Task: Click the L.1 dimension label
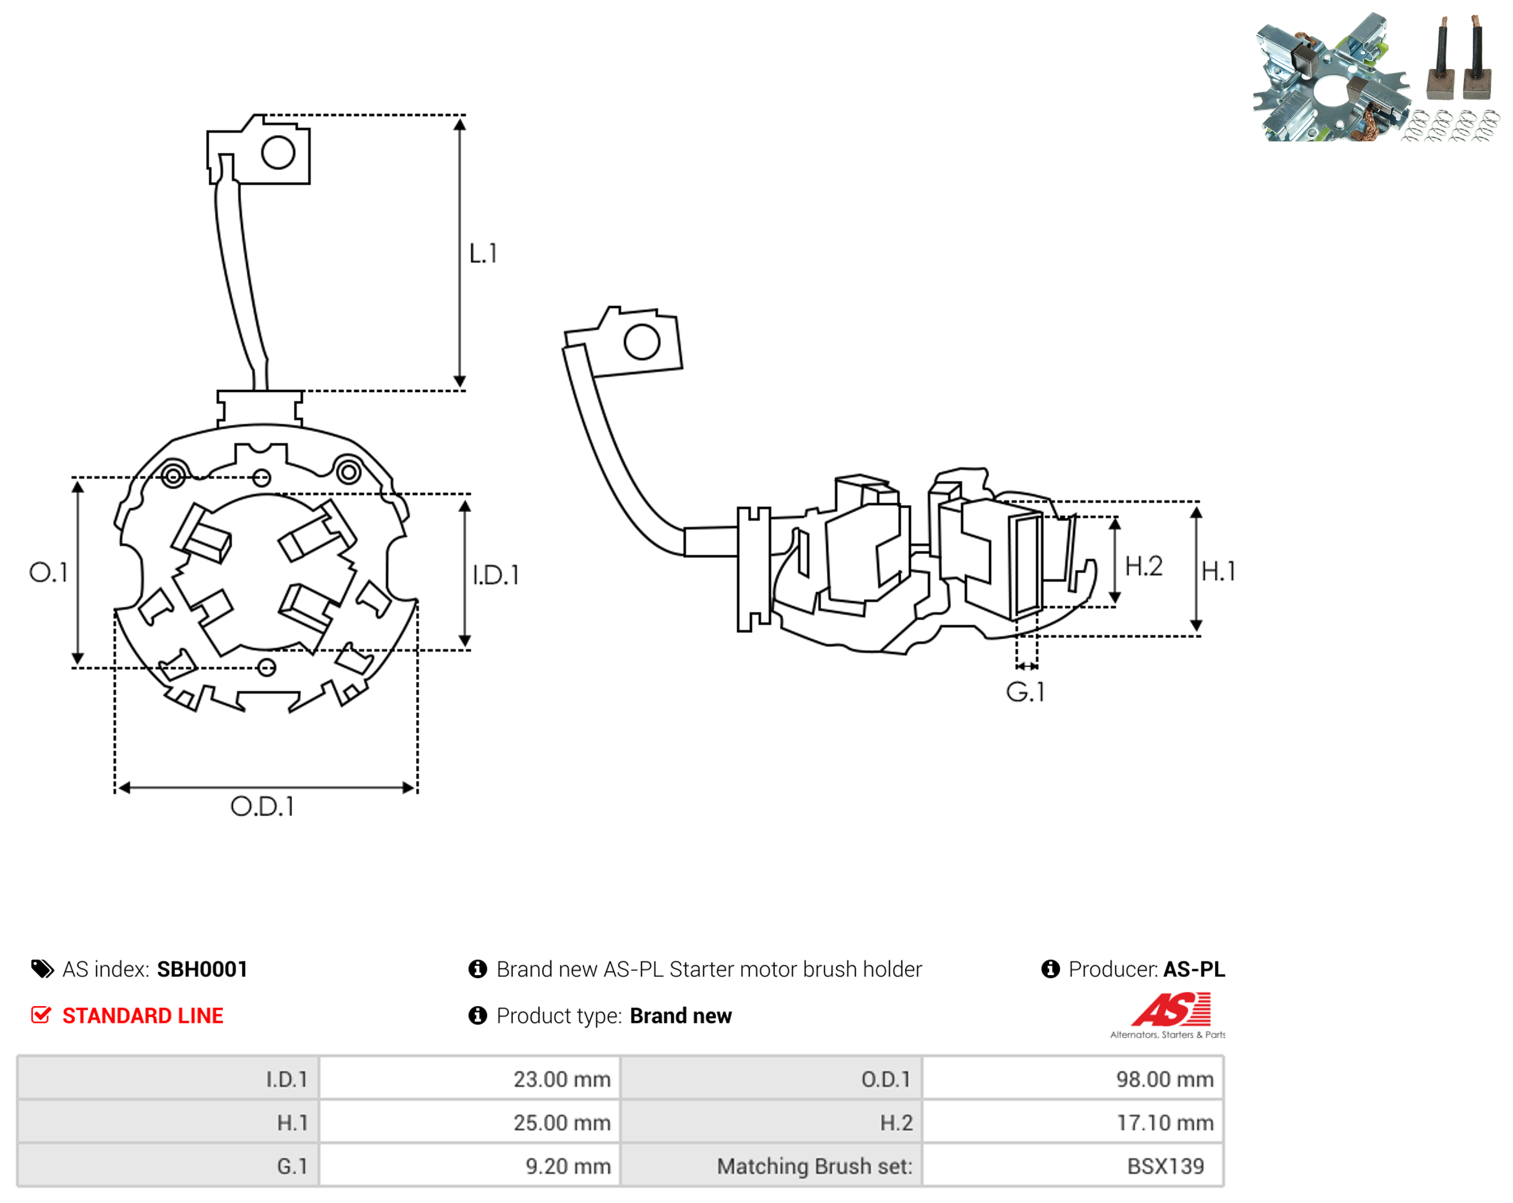pos(483,253)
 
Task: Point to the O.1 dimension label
pos(48,572)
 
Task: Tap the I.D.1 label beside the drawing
pos(496,575)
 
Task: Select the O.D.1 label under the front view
pos(262,807)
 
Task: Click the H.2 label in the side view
pos(1143,566)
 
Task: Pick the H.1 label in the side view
pos(1218,571)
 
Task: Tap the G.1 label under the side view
pos(1025,692)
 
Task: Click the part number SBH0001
pos(202,969)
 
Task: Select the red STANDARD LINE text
pos(143,1016)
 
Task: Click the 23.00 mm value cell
pos(470,1078)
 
